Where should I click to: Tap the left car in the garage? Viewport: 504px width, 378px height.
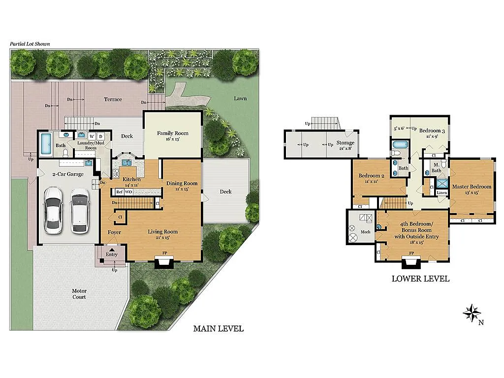pyautogui.click(x=53, y=210)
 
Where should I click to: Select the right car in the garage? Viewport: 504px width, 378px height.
pyautogui.click(x=79, y=211)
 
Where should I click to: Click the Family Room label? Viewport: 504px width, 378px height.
pyautogui.click(x=173, y=133)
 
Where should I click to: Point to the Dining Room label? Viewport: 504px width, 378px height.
pyautogui.click(x=182, y=184)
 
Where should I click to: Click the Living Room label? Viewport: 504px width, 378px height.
pyautogui.click(x=163, y=232)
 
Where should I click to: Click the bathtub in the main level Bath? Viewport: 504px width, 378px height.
pyautogui.click(x=46, y=143)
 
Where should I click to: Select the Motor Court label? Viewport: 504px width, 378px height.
pyautogui.click(x=79, y=294)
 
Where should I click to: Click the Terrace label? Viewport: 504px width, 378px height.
pyautogui.click(x=113, y=99)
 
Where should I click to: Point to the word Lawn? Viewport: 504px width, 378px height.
pyautogui.click(x=240, y=98)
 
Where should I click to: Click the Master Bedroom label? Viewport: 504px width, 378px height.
pyautogui.click(x=472, y=187)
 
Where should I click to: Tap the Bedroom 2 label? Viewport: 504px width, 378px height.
pyautogui.click(x=371, y=176)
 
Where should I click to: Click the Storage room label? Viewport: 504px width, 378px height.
pyautogui.click(x=345, y=143)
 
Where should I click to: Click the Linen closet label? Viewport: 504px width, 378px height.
pyautogui.click(x=442, y=192)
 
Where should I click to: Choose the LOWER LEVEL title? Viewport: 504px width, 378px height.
pyautogui.click(x=420, y=279)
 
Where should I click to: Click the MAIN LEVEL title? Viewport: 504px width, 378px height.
pyautogui.click(x=218, y=329)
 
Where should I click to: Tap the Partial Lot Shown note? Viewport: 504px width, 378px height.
pyautogui.click(x=30, y=44)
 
